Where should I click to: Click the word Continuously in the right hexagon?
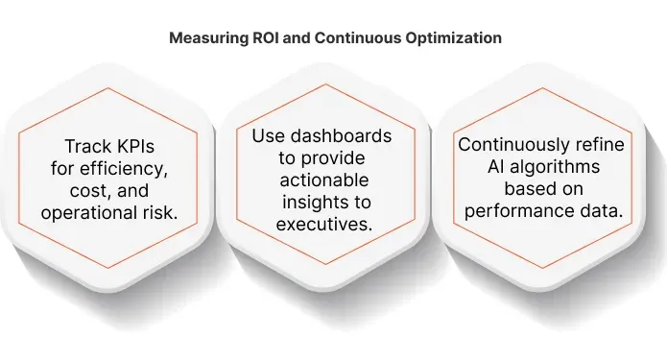click(x=516, y=146)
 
